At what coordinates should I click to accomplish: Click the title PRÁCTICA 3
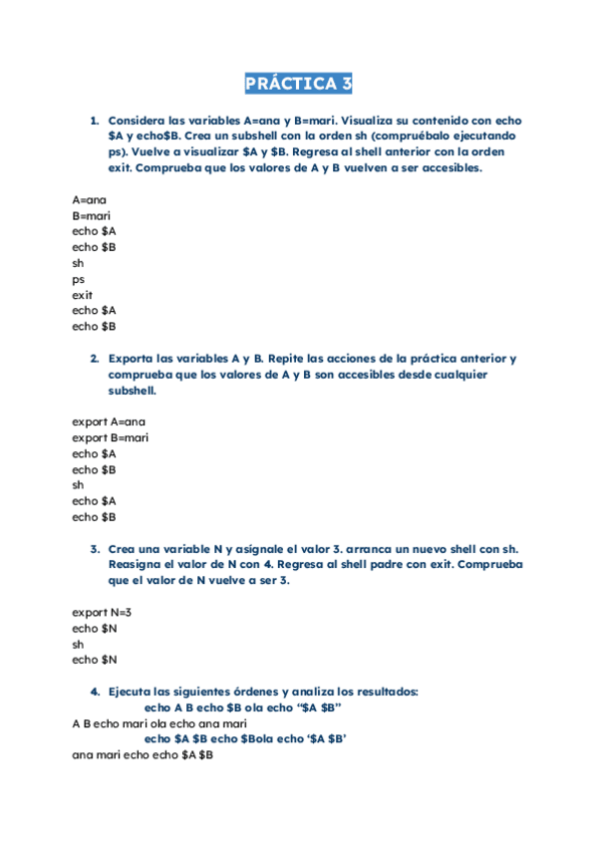click(x=298, y=84)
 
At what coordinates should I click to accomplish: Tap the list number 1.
click(x=94, y=120)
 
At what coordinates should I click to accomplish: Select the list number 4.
click(x=94, y=692)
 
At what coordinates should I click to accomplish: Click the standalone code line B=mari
click(x=91, y=215)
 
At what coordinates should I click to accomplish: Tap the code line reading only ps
click(x=78, y=279)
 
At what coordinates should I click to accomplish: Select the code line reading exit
click(x=82, y=295)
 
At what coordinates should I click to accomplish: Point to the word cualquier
click(x=484, y=375)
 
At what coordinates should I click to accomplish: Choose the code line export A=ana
click(x=109, y=422)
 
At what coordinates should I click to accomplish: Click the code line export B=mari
click(x=110, y=437)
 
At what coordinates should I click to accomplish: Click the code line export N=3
click(x=102, y=612)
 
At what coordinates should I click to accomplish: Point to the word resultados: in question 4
click(x=383, y=692)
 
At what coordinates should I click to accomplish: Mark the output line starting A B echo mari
click(x=159, y=723)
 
